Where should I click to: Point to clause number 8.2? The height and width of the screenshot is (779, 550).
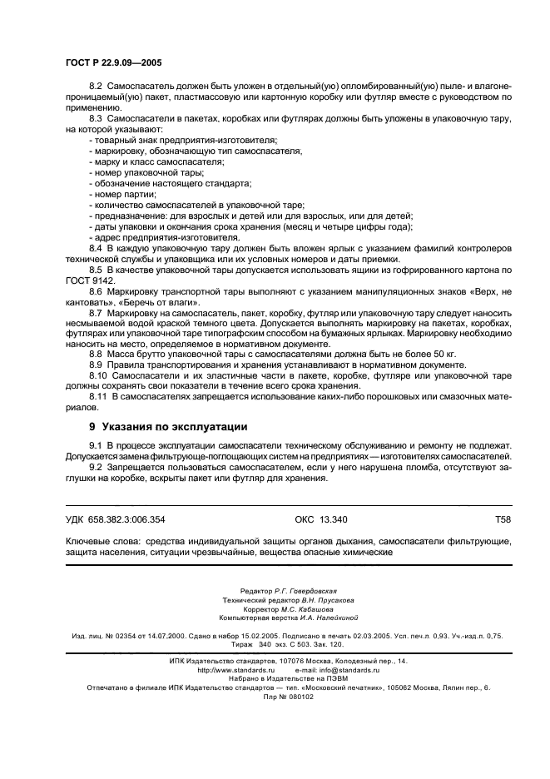pyautogui.click(x=96, y=87)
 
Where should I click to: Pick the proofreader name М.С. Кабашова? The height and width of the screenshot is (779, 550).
pyautogui.click(x=305, y=608)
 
